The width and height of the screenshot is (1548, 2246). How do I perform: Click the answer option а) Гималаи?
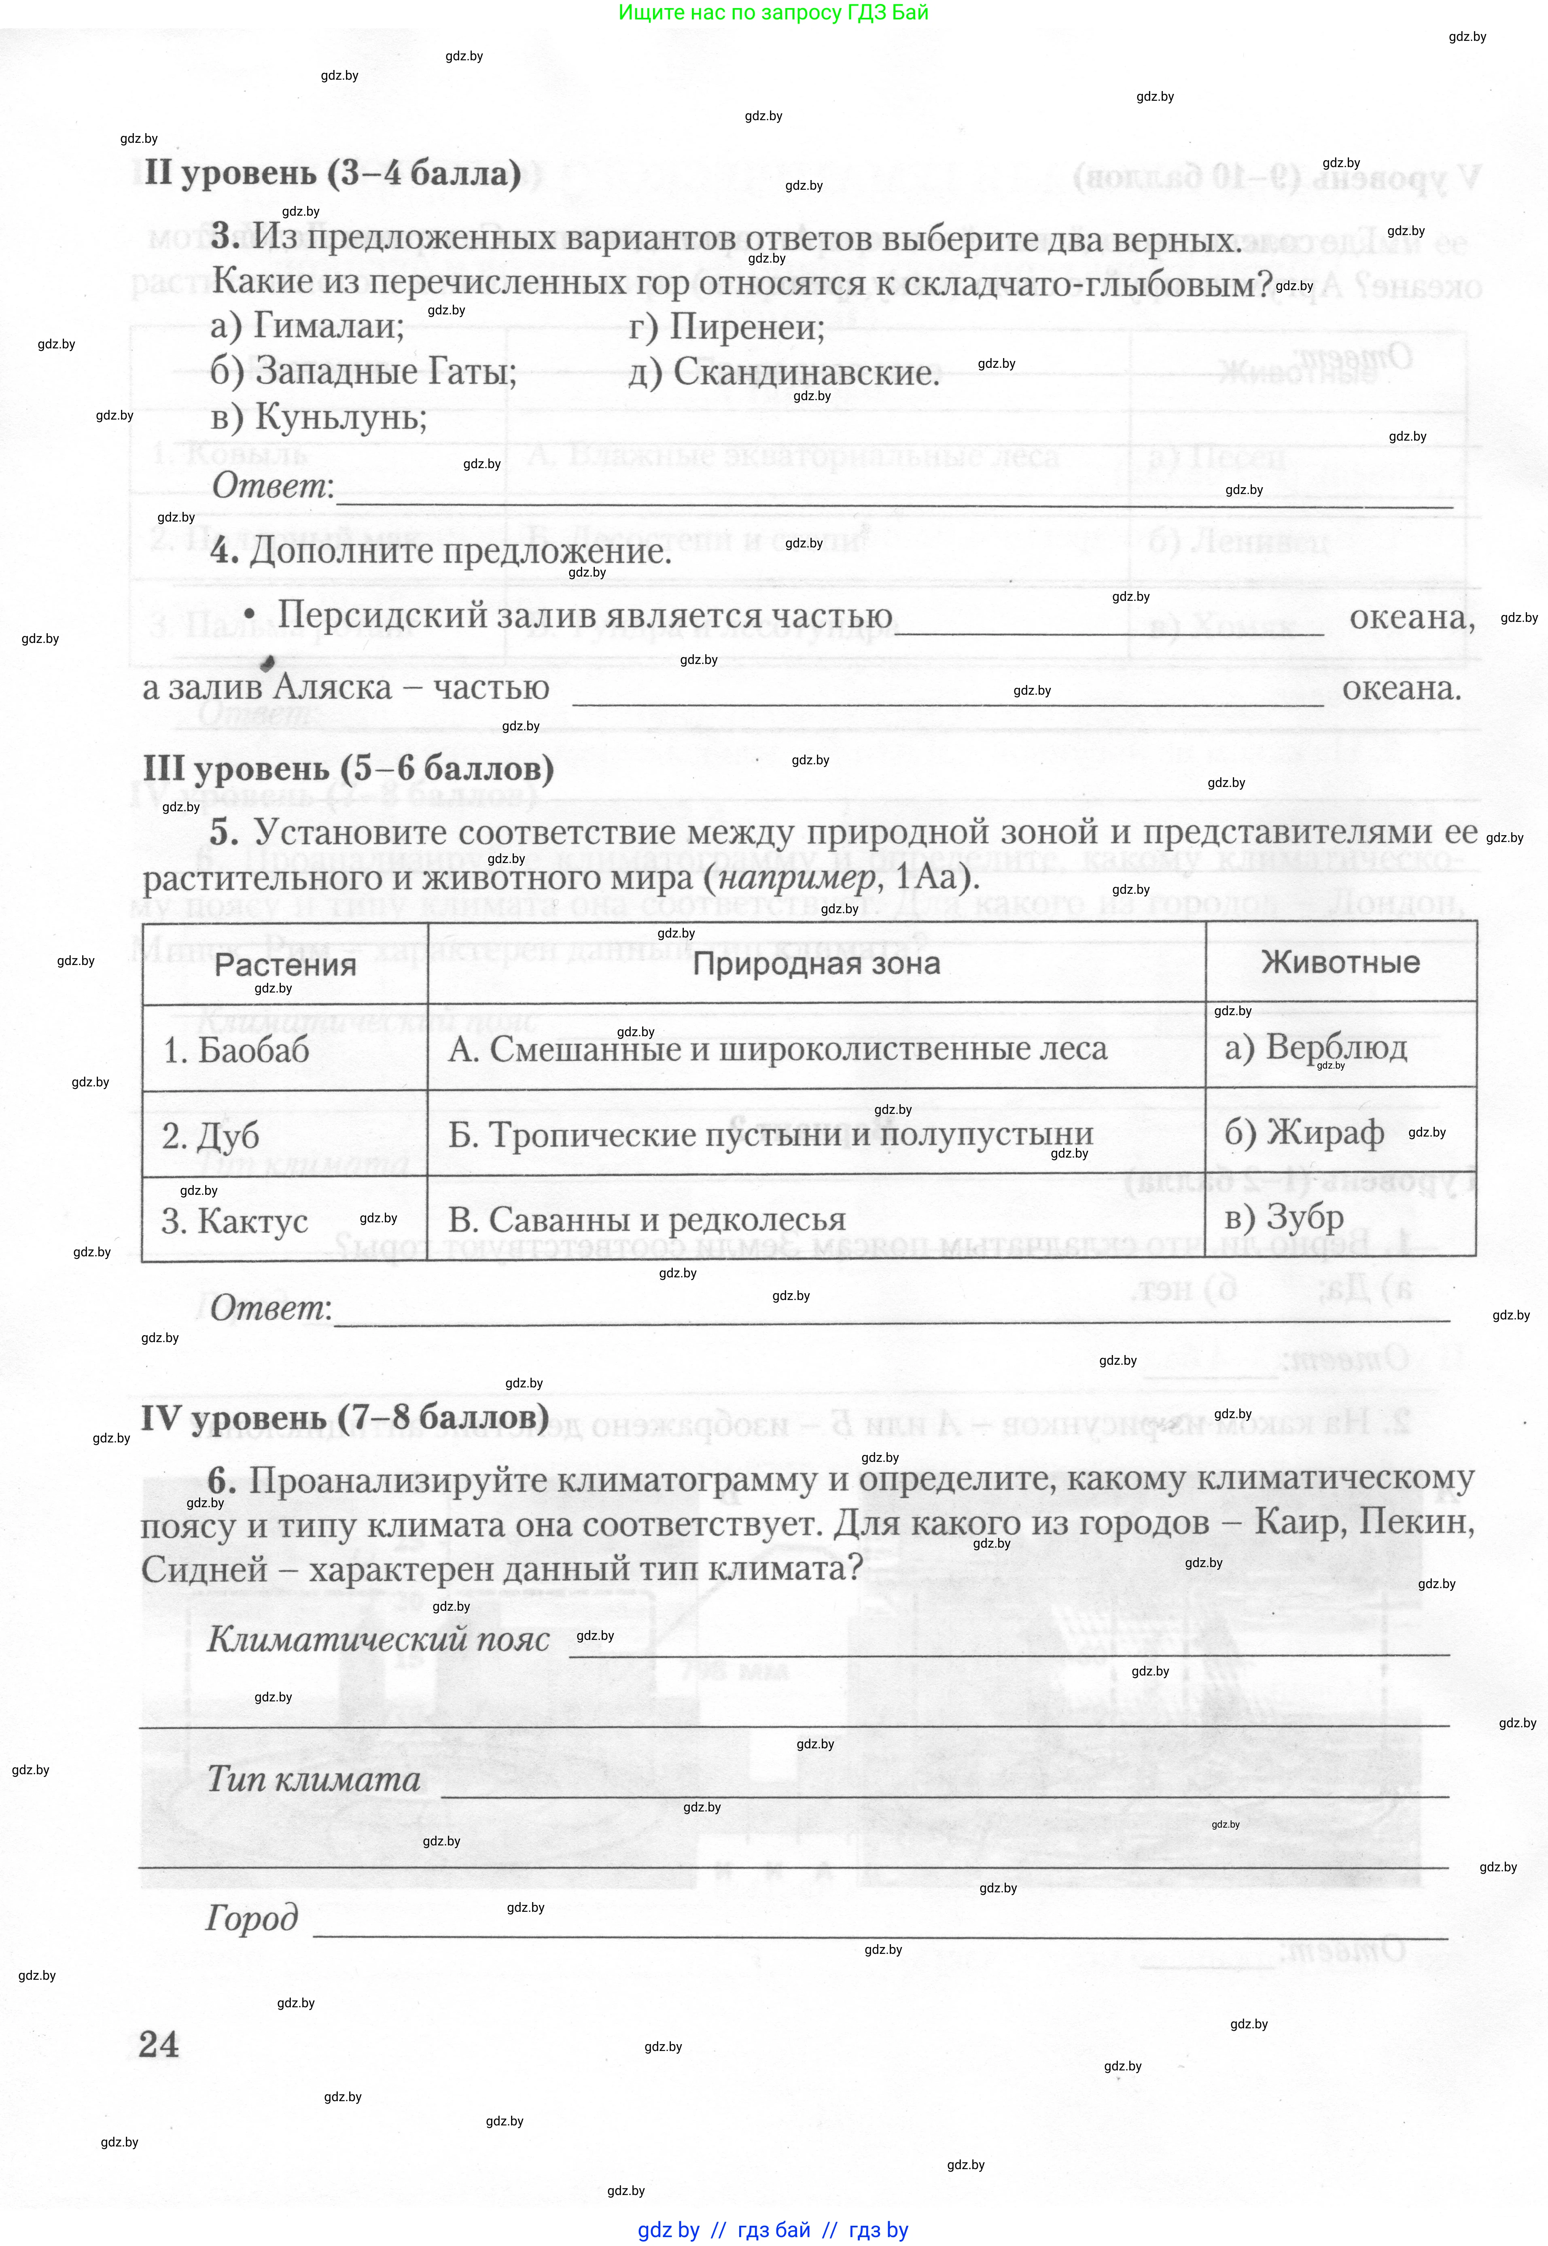pos(307,326)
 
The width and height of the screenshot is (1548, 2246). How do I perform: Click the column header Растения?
pos(285,965)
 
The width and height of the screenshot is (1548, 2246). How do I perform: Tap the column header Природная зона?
pos(816,964)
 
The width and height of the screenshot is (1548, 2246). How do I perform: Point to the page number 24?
pos(159,2044)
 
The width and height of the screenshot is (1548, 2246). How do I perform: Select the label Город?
pos(252,1918)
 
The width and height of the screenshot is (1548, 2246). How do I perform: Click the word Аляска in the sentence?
pos(333,687)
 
